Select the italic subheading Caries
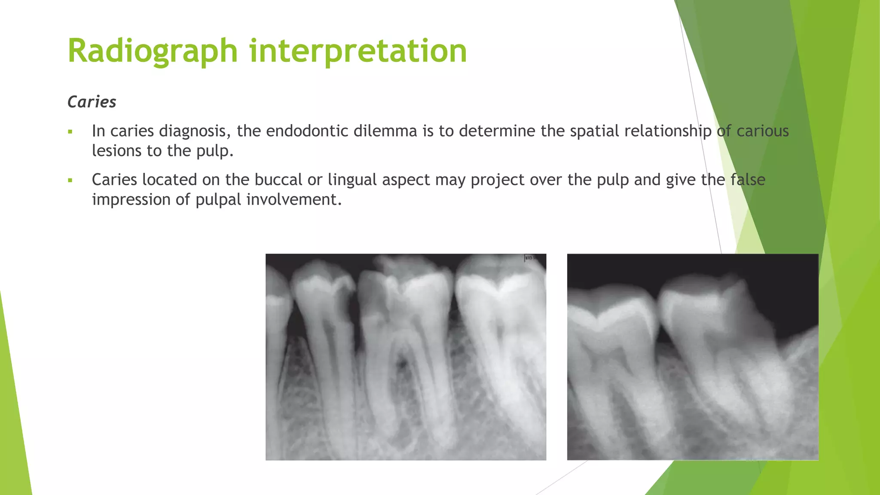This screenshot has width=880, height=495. [92, 102]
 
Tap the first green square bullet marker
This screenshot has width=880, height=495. [70, 131]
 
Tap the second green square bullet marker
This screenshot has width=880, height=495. [70, 180]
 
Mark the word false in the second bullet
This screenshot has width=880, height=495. [748, 180]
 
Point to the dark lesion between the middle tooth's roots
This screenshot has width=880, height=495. [403, 364]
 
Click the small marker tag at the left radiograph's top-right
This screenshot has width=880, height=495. [529, 258]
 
